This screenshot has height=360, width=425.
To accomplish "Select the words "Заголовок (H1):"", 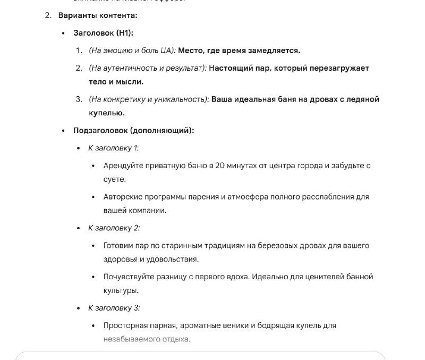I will pos(103,33).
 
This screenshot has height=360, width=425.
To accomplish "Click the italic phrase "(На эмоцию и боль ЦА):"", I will pos(132,51).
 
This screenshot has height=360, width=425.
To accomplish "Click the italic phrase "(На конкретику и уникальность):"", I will pos(148,99).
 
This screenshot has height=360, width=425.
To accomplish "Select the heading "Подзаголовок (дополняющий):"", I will pos(133,130).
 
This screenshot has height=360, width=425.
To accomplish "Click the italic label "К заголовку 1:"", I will pos(113,148).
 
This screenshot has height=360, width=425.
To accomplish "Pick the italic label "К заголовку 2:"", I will pos(114,228).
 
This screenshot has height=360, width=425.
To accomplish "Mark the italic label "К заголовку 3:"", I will pos(114,307).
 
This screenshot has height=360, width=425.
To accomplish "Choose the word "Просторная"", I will pos(125,325).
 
